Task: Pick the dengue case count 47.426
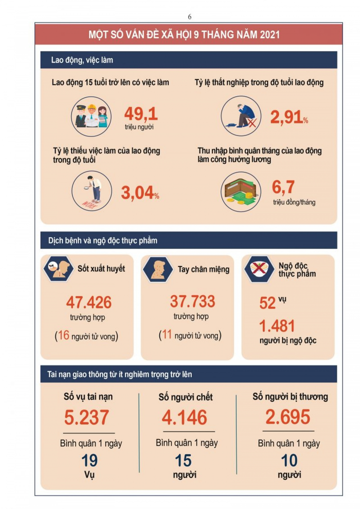coord(89,302)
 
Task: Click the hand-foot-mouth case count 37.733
coord(192,301)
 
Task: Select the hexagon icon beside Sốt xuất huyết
coord(56,269)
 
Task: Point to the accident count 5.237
coord(86,417)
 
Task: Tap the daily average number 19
coord(89,460)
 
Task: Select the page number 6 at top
coord(189,17)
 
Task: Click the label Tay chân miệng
coord(203,269)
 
